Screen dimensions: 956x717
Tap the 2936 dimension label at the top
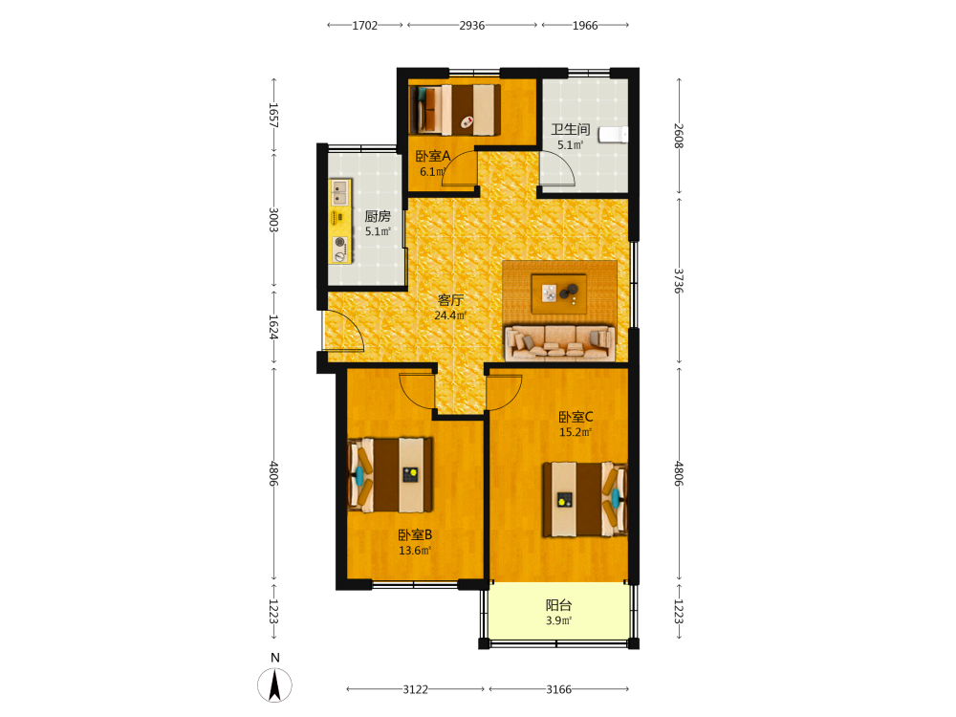(x=472, y=26)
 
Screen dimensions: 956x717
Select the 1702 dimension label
(x=364, y=26)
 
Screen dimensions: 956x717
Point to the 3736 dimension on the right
(x=679, y=281)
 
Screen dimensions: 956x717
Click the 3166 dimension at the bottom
(x=558, y=689)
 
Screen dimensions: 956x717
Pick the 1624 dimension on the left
(x=273, y=327)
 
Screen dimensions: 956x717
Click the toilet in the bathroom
(x=613, y=134)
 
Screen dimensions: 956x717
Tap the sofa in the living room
(x=559, y=342)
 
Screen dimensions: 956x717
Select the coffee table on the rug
(x=559, y=293)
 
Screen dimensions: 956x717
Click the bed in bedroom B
(x=390, y=475)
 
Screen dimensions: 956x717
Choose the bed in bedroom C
(x=585, y=499)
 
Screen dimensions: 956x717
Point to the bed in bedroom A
(x=455, y=110)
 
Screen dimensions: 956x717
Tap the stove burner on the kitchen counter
(x=339, y=242)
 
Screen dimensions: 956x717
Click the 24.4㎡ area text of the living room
(x=450, y=315)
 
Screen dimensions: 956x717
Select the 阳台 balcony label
(x=558, y=605)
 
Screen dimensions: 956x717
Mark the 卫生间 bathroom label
(x=571, y=129)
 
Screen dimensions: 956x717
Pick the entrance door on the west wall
(x=343, y=330)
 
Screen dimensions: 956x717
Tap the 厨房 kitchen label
(x=378, y=216)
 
